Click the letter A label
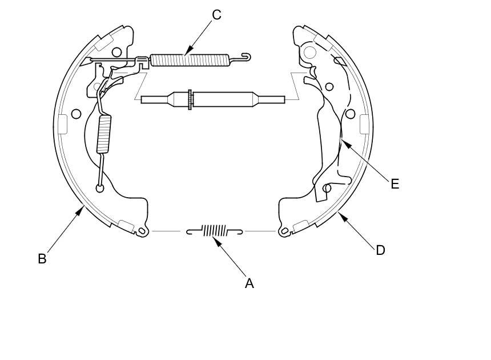249,283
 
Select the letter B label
42,259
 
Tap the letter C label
216,15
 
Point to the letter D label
380,250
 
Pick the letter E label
395,184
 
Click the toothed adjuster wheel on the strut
189,99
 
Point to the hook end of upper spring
246,55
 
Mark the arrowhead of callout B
84,207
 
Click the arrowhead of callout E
341,141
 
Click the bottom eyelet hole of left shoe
140,231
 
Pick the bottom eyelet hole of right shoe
281,231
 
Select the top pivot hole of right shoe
309,53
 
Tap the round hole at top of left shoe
116,53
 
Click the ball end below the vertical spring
100,188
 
